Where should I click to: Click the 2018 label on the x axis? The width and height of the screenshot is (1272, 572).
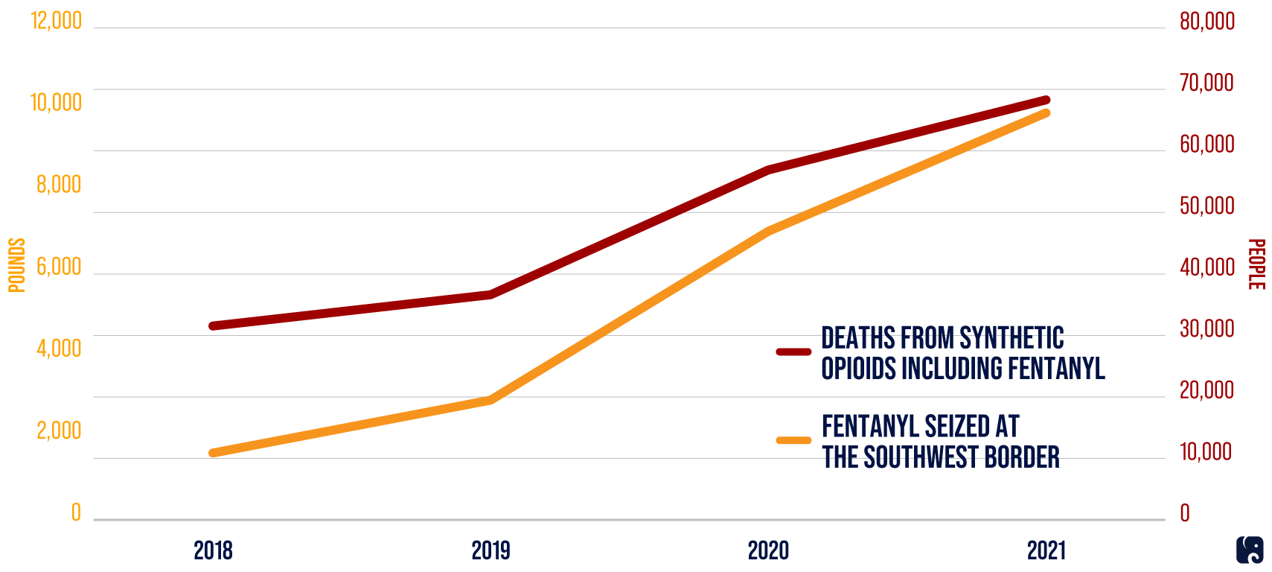(x=213, y=550)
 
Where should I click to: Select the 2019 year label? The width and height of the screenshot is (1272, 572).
(x=490, y=550)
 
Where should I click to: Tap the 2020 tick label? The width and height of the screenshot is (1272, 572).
(x=768, y=550)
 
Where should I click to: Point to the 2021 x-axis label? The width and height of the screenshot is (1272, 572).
(x=1046, y=550)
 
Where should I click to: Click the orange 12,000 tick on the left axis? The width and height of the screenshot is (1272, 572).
(x=56, y=20)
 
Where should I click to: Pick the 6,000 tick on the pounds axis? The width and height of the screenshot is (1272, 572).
(x=59, y=267)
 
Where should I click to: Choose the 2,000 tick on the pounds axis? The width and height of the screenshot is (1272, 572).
(x=59, y=430)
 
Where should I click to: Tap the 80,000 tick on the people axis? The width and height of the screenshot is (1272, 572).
(x=1207, y=21)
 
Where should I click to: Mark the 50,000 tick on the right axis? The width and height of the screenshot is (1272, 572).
(x=1207, y=206)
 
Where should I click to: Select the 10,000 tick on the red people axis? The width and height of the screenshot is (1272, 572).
(x=1205, y=451)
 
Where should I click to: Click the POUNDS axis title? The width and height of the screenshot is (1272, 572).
(x=16, y=265)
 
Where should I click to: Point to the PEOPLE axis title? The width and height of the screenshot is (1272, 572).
(x=1256, y=264)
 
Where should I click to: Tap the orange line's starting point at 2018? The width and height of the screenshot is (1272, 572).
(x=214, y=453)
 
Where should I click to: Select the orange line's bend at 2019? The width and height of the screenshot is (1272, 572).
(x=490, y=400)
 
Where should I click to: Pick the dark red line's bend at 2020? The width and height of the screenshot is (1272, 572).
(x=768, y=170)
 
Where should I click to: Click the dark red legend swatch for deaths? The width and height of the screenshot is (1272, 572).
(x=793, y=352)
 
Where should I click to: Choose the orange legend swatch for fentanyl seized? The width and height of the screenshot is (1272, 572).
(x=793, y=440)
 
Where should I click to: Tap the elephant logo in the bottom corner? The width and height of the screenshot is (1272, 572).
(x=1250, y=550)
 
